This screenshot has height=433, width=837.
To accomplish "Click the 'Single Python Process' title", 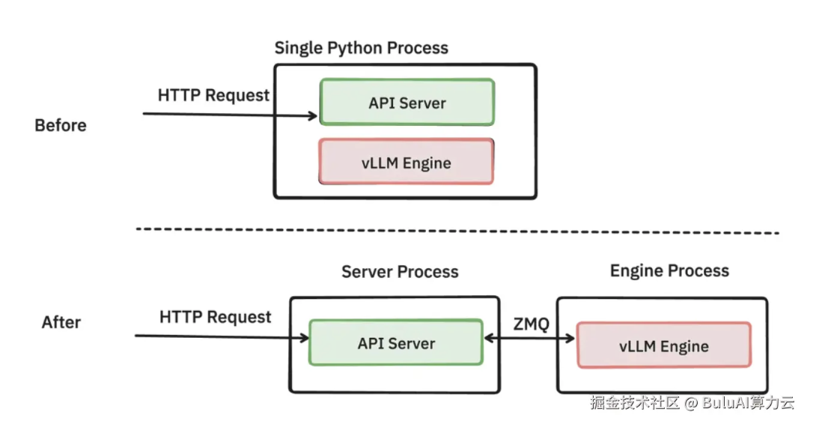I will (361, 49).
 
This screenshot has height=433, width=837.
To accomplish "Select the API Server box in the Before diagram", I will (407, 103).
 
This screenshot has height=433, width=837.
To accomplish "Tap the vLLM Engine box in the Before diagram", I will (407, 162).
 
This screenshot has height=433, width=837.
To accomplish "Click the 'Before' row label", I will (61, 126).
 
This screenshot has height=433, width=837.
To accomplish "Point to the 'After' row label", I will (61, 323).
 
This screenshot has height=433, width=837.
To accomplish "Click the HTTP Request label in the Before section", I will (213, 96).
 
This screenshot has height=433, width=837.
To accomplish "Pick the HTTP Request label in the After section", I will (215, 317).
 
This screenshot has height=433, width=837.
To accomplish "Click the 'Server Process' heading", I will (400, 272).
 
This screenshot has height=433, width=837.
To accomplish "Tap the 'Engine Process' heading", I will (669, 271).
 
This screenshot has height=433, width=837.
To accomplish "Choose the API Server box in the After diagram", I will (396, 344).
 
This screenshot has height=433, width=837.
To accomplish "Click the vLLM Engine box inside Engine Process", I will (663, 346).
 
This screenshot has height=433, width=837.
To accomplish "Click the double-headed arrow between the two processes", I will (529, 339).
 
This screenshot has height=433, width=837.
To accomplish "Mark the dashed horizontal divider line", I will (457, 231).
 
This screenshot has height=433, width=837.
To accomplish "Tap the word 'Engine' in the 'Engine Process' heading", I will (636, 271).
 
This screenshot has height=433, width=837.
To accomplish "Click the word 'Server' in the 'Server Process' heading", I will (367, 272).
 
